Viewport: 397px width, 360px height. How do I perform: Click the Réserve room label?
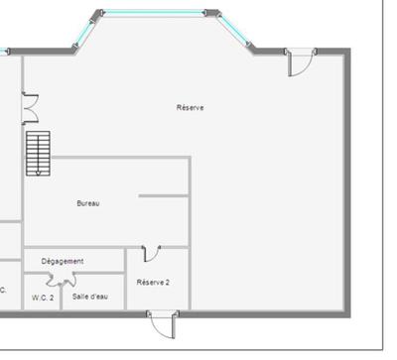(190, 107)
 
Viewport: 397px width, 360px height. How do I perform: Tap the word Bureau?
(88, 203)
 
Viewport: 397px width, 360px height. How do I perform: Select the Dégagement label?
(63, 261)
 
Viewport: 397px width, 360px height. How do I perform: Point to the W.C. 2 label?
(43, 297)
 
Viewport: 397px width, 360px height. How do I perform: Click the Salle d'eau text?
(90, 297)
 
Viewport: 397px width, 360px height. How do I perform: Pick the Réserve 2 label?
(153, 282)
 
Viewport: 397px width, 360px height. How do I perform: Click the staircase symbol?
(38, 152)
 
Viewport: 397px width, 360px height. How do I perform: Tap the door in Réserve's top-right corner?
(297, 65)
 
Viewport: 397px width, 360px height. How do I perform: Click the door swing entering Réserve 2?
(151, 255)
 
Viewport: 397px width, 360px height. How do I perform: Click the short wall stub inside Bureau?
(163, 196)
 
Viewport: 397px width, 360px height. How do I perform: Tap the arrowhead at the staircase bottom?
(38, 173)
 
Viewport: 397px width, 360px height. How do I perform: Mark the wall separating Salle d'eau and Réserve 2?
(125, 288)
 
